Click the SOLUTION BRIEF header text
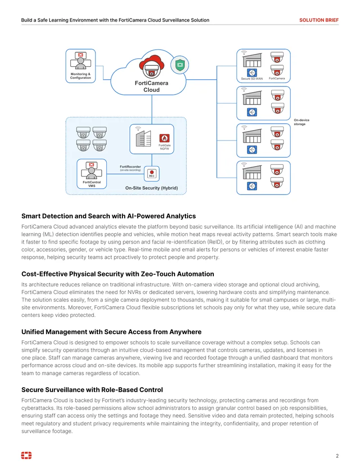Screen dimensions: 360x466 click(x=319, y=20)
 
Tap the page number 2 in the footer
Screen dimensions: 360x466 click(x=337, y=456)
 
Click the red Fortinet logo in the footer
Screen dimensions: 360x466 click(x=27, y=455)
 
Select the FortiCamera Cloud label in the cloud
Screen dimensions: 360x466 click(x=152, y=86)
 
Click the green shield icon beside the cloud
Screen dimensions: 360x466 click(x=180, y=65)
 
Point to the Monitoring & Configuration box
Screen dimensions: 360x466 click(x=81, y=66)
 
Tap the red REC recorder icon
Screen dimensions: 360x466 click(x=152, y=173)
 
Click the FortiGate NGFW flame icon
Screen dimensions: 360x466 click(x=165, y=138)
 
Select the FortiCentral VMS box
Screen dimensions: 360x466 click(x=92, y=174)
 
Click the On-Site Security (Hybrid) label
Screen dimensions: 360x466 click(x=152, y=188)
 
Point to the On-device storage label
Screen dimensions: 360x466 click(x=301, y=122)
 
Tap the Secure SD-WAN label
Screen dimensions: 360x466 click(x=252, y=79)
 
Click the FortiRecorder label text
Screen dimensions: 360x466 click(x=130, y=167)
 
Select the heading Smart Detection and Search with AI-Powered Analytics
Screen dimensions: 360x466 click(x=109, y=216)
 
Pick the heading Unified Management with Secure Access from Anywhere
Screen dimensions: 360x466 click(x=112, y=332)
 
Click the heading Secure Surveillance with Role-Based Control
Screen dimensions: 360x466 click(x=92, y=390)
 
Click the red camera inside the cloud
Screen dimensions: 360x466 click(x=152, y=67)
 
